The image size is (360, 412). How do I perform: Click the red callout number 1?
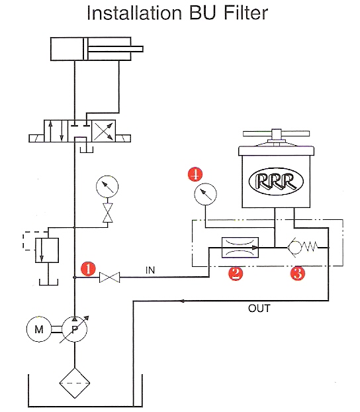pos(88,268)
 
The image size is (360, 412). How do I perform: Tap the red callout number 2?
pos(236,274)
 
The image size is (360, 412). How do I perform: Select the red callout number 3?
pos(298,274)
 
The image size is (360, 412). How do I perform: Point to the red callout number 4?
pos(195,174)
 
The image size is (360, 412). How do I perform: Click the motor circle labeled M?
pos(39,329)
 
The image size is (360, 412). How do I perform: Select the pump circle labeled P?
pos(75,329)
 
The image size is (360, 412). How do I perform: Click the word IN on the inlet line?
pos(150,270)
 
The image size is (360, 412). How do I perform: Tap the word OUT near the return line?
pos(259,309)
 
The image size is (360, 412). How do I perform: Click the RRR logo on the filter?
pos(276,181)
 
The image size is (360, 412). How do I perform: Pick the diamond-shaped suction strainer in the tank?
pos(75,383)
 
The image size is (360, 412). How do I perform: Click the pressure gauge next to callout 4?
pos(205,194)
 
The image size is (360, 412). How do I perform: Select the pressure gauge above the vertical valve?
pos(107,186)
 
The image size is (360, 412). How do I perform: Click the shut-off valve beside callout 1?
pos(109,278)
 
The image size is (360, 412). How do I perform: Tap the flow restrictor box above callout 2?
pos(240,248)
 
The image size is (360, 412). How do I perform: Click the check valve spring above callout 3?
pos(310,247)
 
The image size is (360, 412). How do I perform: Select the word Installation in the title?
pos(134,13)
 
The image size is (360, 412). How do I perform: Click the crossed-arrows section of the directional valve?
pos(103,131)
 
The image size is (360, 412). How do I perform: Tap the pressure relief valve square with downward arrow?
pos(47,250)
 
